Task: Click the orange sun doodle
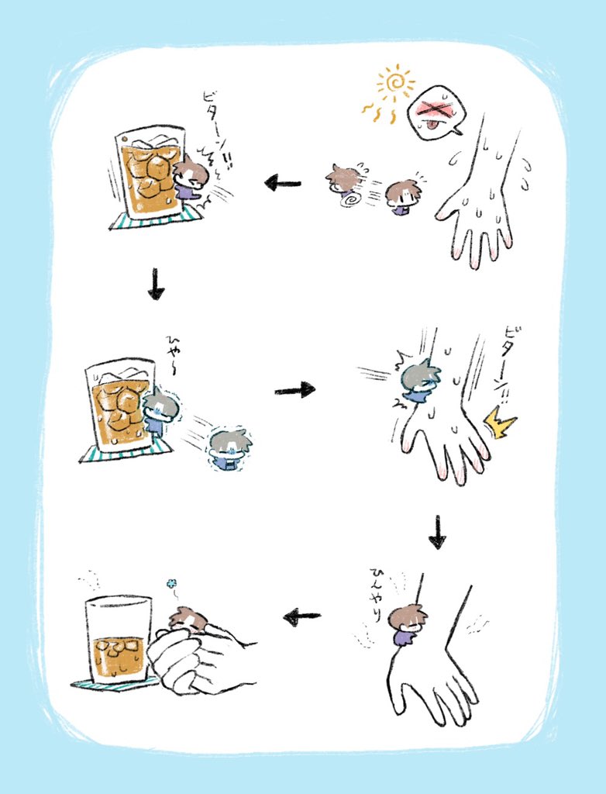click(x=395, y=84)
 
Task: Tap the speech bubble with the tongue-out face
click(x=436, y=112)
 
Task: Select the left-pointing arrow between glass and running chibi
click(x=283, y=184)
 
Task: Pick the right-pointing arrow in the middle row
click(x=294, y=388)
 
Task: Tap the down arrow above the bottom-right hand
click(x=438, y=533)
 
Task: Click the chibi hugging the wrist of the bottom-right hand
click(x=406, y=625)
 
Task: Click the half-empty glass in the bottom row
click(x=118, y=639)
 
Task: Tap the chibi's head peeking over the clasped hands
click(x=188, y=620)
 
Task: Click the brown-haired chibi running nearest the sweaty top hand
click(x=402, y=197)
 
